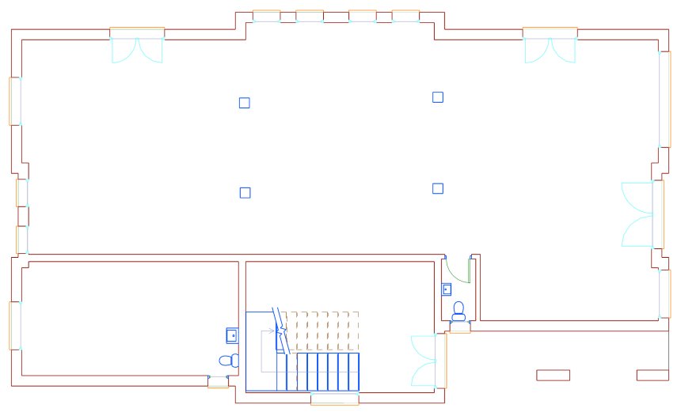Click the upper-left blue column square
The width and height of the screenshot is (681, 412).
click(x=245, y=103)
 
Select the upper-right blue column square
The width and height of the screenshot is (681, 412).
click(x=438, y=97)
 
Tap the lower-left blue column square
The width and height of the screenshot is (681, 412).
click(x=245, y=192)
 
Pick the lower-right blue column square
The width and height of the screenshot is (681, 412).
click(x=438, y=188)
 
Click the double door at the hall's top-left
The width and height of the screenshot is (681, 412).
click(x=137, y=47)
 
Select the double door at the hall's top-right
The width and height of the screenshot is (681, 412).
click(x=550, y=47)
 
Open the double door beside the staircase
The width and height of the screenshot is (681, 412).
click(x=425, y=361)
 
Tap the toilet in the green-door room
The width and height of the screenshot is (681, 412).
click(x=458, y=310)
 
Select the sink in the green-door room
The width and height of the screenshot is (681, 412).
click(x=447, y=289)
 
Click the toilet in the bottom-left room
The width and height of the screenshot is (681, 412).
click(x=228, y=361)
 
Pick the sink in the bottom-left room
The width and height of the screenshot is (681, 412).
click(x=232, y=335)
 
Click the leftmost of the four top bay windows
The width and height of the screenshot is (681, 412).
click(x=266, y=16)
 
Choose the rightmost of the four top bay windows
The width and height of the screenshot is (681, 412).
click(x=405, y=16)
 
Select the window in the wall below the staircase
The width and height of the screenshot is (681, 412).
click(x=334, y=399)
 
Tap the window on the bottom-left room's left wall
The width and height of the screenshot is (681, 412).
click(x=15, y=325)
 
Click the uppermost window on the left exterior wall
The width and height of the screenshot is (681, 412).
click(x=14, y=100)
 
